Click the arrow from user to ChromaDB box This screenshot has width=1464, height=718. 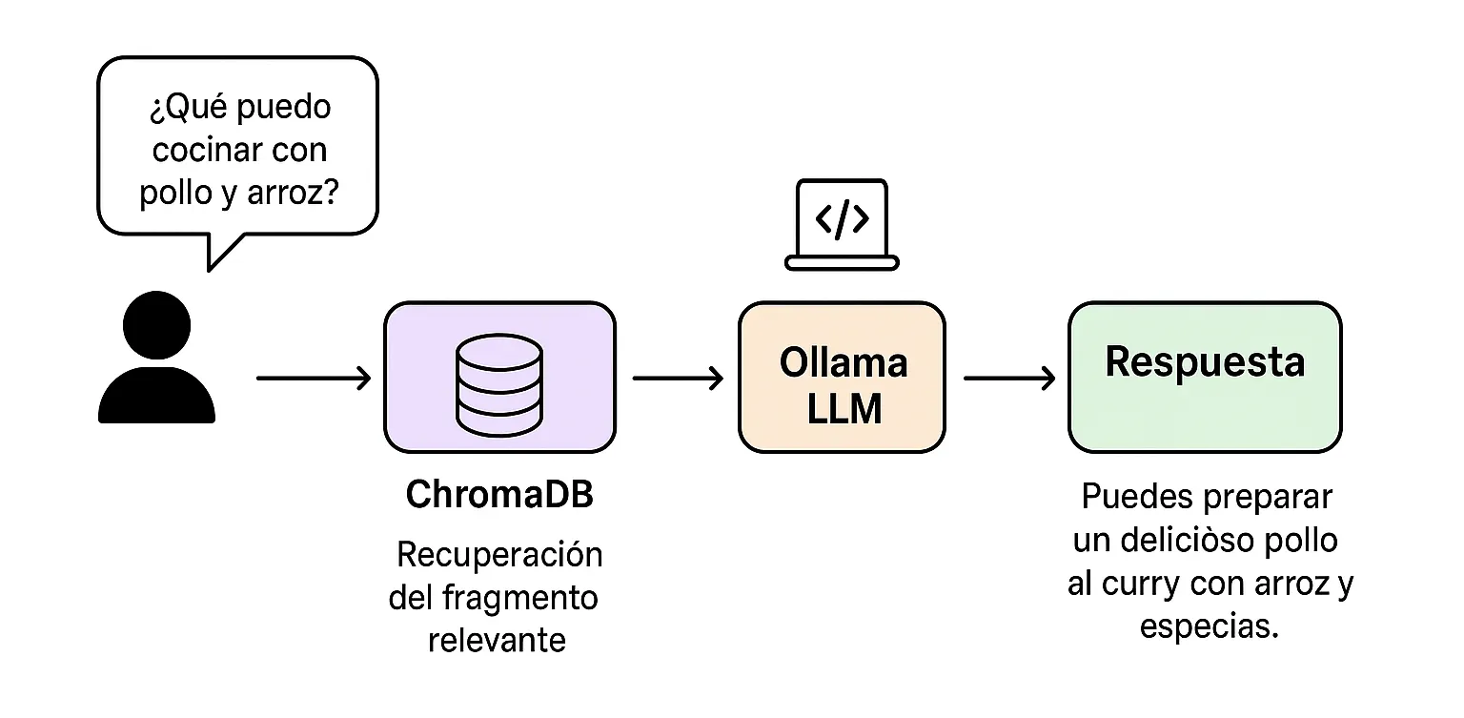click(x=314, y=379)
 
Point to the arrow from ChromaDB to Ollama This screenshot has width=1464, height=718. click(x=678, y=379)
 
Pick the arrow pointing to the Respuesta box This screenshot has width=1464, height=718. click(x=1009, y=379)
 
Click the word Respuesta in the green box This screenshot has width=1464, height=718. click(x=1204, y=362)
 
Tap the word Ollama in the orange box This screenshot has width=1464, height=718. click(x=843, y=362)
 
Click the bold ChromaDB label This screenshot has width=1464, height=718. click(x=498, y=496)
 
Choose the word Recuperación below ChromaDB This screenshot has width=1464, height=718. click(x=498, y=554)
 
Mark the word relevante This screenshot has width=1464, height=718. click(x=497, y=639)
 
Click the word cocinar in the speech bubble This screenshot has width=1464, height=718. click(x=209, y=150)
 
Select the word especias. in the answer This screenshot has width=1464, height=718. click(x=1209, y=626)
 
